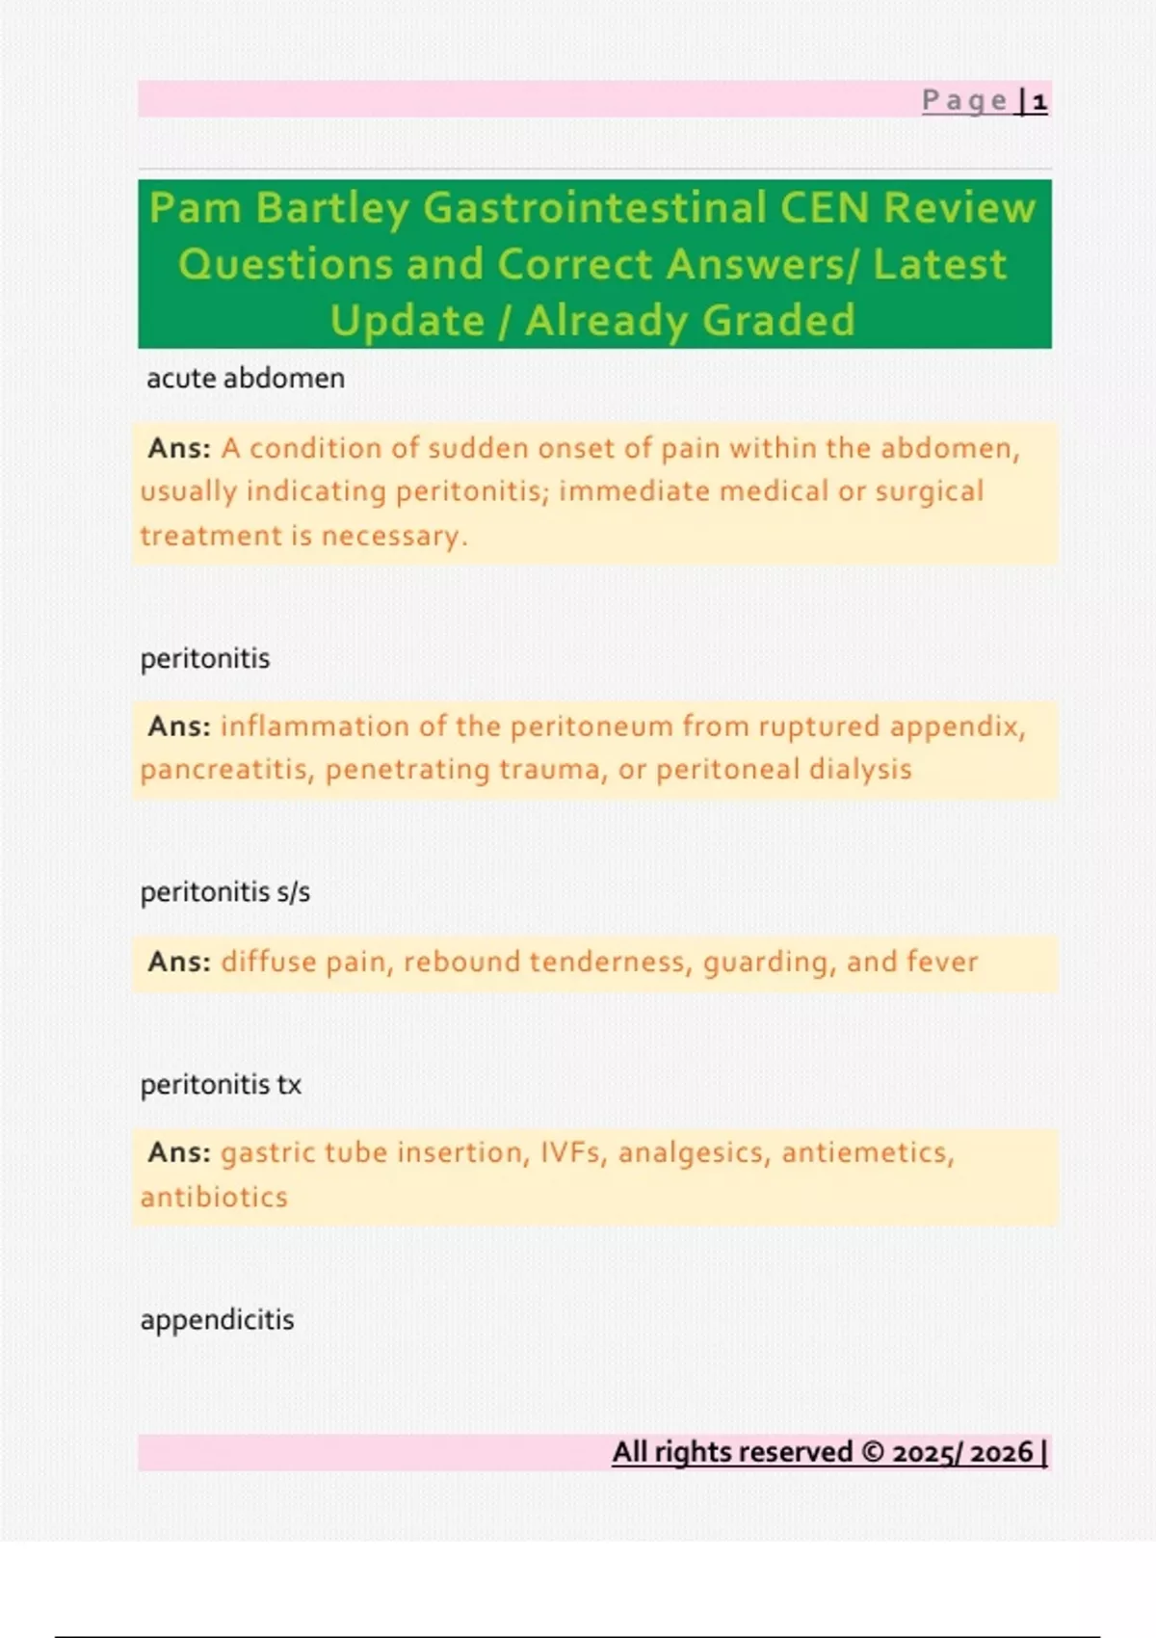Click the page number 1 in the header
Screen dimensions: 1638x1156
tap(1038, 101)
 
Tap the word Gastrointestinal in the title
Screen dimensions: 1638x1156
tap(594, 208)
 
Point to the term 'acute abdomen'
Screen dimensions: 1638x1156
tap(245, 379)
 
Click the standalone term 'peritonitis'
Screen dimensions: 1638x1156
tap(205, 659)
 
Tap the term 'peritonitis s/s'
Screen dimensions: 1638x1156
tap(225, 892)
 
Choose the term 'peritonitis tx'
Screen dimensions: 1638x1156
tap(221, 1085)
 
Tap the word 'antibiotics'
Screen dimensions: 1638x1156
tap(214, 1198)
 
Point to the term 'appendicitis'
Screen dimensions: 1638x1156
tap(217, 1320)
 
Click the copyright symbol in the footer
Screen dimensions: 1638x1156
tap(872, 1452)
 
